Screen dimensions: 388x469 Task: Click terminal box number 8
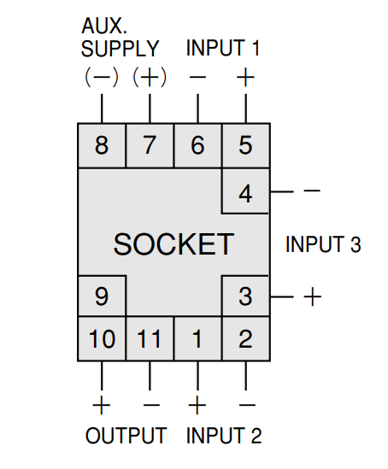point(102,145)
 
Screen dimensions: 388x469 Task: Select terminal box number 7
point(150,145)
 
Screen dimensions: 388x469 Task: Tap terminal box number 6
point(197,145)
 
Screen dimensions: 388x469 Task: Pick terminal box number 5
point(246,145)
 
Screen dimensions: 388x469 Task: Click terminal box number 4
point(246,191)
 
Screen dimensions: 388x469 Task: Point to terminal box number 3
point(246,296)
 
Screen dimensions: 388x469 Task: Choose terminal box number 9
point(102,296)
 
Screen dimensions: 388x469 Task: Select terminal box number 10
point(102,338)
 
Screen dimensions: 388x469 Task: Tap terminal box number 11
point(150,338)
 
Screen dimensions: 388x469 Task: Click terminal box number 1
point(197,338)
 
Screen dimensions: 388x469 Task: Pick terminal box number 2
point(246,338)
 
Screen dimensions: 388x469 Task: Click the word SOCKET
point(173,244)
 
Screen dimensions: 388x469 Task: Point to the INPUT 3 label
point(323,244)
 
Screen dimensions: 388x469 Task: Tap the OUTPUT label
point(126,436)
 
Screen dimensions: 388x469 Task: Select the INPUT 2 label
point(224,436)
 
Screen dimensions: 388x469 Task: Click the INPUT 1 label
point(222,48)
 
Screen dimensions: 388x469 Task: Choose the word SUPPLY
point(120,49)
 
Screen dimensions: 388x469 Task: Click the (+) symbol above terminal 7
point(150,77)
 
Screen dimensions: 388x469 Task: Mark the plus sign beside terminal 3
point(313,296)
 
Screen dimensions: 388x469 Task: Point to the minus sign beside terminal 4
point(312,191)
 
